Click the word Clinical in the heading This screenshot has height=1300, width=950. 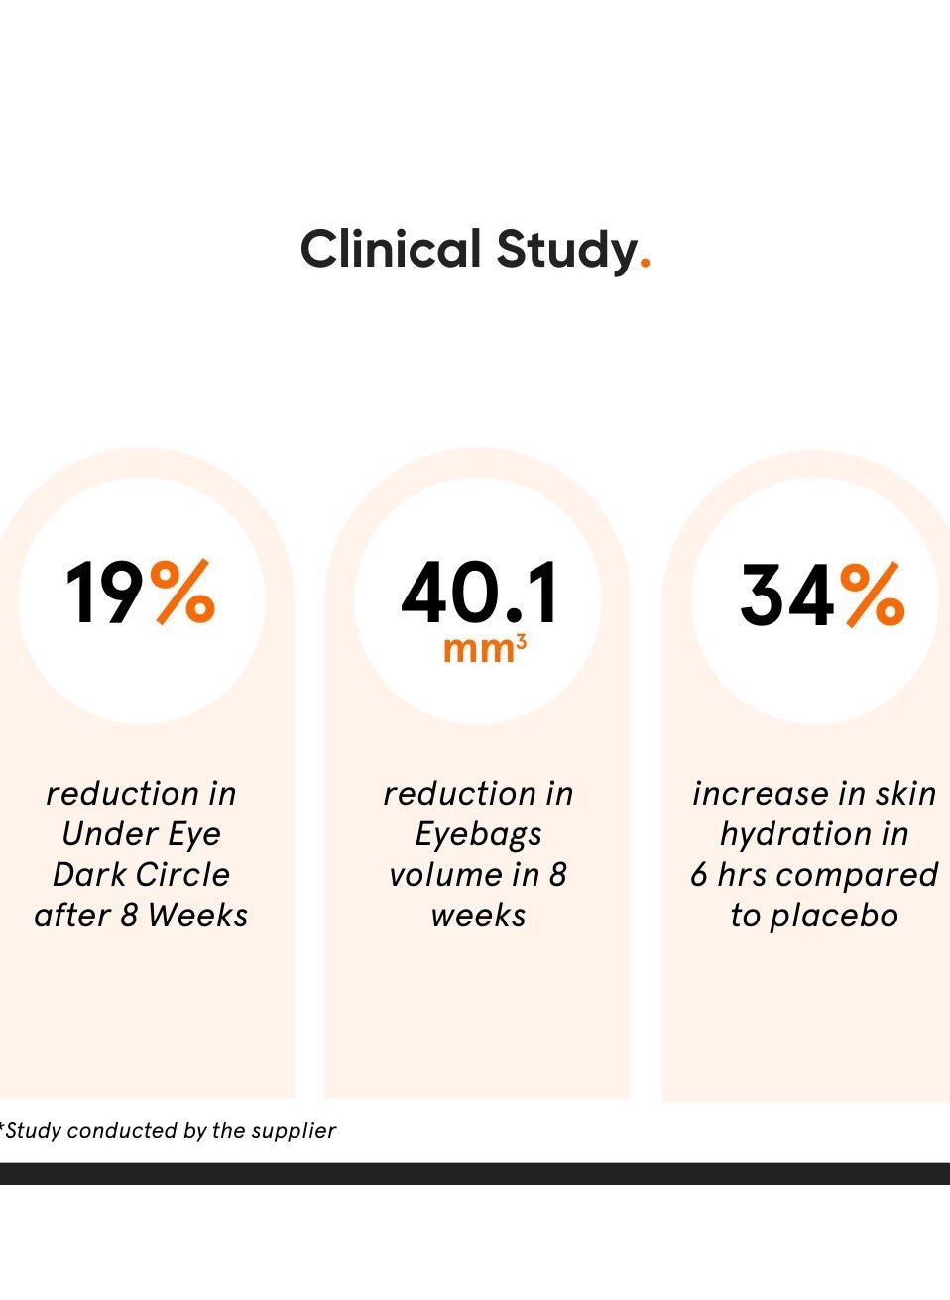(390, 249)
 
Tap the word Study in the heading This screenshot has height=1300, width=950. (566, 251)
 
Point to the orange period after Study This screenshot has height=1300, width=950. (646, 265)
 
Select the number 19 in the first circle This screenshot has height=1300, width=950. (104, 594)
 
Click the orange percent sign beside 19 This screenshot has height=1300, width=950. (183, 592)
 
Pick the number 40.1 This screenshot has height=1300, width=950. (480, 594)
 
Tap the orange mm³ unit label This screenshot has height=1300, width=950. (484, 648)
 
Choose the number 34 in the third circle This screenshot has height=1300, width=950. (787, 596)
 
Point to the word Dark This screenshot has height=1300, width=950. (86, 875)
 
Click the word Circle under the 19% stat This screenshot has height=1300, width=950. (181, 875)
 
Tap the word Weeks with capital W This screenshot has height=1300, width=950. (197, 916)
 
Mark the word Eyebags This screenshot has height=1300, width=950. (478, 835)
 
